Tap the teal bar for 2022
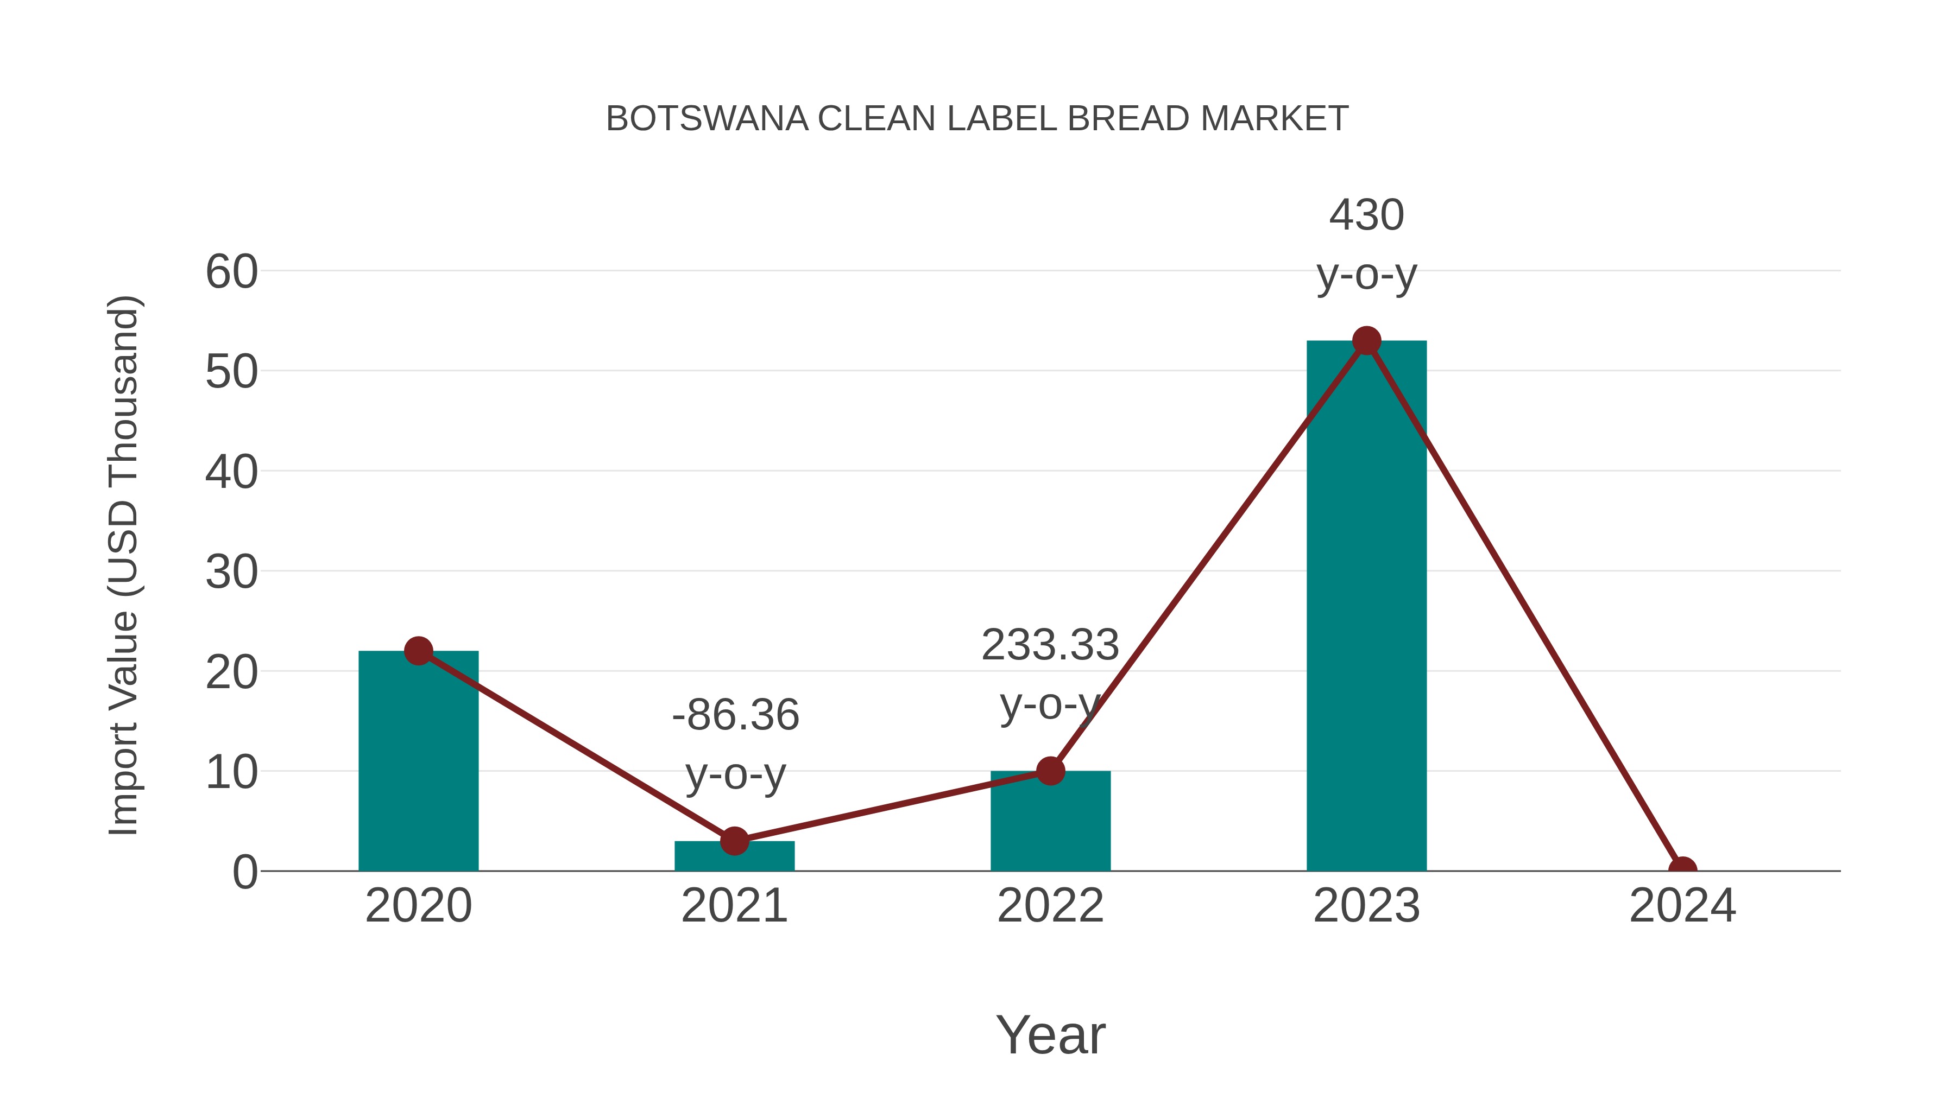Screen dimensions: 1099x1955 tap(1050, 823)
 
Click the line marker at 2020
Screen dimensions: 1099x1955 tap(418, 651)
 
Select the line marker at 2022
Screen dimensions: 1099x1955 tap(1050, 771)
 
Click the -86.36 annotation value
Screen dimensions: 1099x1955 tap(735, 715)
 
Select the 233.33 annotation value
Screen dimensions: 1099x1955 tap(1050, 645)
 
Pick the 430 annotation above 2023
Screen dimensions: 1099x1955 tap(1366, 215)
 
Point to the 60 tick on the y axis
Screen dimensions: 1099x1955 tap(231, 271)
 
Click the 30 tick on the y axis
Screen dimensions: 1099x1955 tap(231, 572)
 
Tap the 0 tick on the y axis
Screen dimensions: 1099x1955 tap(244, 872)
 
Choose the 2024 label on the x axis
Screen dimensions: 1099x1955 tap(1682, 906)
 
